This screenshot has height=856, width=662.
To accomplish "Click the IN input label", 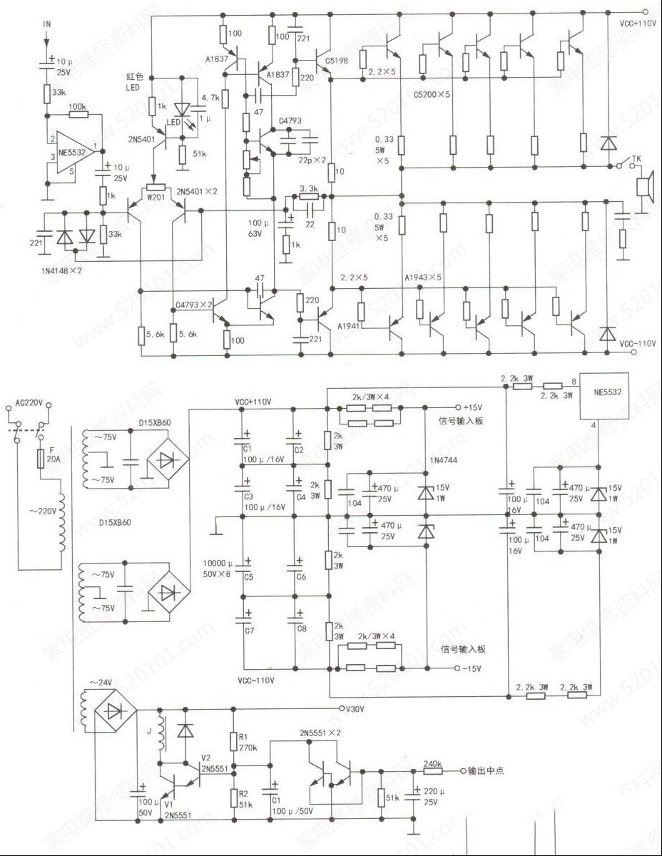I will (x=48, y=24).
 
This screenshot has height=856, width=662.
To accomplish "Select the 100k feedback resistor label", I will (x=78, y=106).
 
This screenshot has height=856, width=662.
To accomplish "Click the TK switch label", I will (x=635, y=158).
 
